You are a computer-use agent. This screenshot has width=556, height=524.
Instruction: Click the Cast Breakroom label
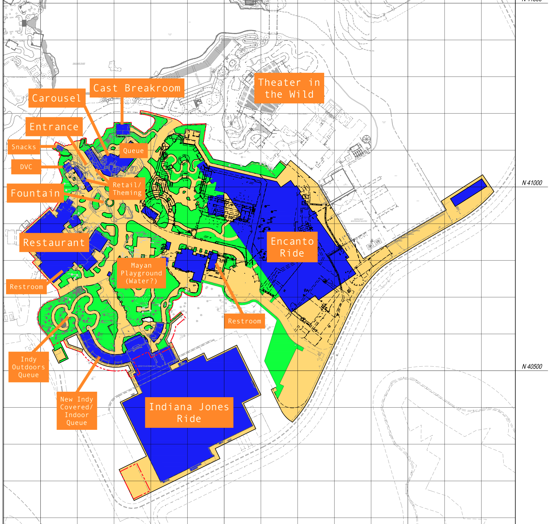click(x=137, y=88)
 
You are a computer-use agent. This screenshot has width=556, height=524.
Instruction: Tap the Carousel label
click(x=57, y=98)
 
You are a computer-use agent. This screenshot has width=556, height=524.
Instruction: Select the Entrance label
click(x=54, y=127)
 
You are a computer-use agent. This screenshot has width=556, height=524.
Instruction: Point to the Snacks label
click(x=24, y=147)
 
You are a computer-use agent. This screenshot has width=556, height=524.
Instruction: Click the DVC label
click(x=26, y=167)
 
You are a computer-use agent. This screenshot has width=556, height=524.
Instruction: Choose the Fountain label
click(x=35, y=193)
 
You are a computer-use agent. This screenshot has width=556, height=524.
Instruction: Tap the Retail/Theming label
click(x=127, y=189)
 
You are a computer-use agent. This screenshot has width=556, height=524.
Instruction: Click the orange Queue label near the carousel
click(x=133, y=150)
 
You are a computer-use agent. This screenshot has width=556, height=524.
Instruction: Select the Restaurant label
click(x=54, y=242)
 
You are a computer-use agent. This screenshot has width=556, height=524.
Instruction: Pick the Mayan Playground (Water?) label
click(x=141, y=273)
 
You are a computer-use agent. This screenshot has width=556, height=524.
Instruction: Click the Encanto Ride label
click(x=292, y=247)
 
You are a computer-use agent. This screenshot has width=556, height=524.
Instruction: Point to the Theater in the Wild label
click(x=289, y=88)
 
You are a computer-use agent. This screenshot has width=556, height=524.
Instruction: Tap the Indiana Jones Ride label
click(x=189, y=412)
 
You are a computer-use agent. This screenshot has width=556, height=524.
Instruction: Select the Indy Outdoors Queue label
click(x=29, y=367)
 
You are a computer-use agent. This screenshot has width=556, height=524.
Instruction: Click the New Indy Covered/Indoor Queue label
click(x=77, y=411)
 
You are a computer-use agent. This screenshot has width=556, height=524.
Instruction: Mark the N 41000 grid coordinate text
click(x=532, y=183)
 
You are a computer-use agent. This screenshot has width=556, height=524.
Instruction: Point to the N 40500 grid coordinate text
click(x=532, y=367)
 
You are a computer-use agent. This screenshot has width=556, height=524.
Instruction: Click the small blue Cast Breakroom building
click(x=123, y=129)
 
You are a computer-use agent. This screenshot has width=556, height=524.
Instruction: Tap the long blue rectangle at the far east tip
click(x=468, y=192)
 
